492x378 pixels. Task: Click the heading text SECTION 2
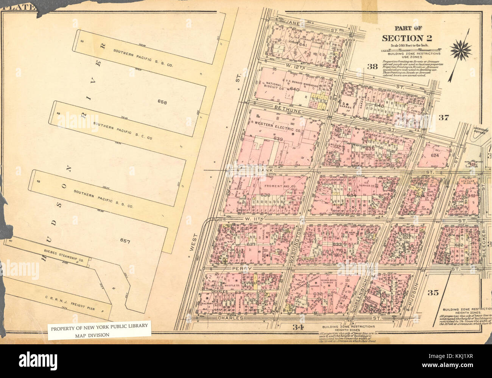click(407, 38)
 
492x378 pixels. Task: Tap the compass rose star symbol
click(461, 50)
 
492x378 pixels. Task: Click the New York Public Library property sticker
click(99, 330)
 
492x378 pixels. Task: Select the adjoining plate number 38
click(372, 67)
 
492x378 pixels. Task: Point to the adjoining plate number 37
click(444, 117)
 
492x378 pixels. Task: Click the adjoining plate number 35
click(433, 292)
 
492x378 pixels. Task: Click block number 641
click(302, 45)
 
